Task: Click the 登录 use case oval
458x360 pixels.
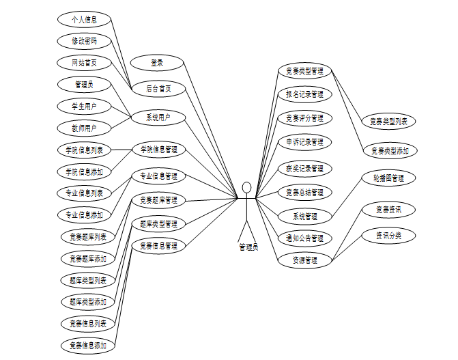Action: (157, 64)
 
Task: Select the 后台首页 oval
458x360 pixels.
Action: (158, 88)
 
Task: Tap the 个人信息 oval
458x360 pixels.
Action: (84, 19)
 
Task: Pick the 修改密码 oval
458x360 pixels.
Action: (84, 41)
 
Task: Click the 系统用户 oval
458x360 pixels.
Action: (158, 117)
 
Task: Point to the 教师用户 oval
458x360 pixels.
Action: (84, 128)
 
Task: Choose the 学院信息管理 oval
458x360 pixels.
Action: (158, 149)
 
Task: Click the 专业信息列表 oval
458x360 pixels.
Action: (84, 193)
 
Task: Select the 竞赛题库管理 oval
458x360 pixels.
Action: (158, 200)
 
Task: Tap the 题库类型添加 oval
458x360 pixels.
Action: (88, 301)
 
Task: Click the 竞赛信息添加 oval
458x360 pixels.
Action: (88, 346)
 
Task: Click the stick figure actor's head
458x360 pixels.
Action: (247, 187)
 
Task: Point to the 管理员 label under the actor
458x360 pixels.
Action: (248, 247)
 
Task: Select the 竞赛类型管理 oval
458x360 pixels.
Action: (304, 70)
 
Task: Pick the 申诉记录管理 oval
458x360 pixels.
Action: (304, 142)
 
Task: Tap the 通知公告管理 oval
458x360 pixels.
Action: (304, 238)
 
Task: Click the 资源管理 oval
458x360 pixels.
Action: (304, 260)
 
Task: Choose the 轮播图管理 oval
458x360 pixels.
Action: (388, 178)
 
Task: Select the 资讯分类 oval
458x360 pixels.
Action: (388, 236)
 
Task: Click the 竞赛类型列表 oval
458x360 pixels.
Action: (388, 122)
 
